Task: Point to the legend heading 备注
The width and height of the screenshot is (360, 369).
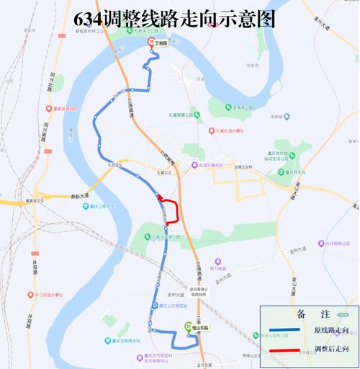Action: (309, 314)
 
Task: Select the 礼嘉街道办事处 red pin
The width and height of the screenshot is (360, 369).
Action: (213, 130)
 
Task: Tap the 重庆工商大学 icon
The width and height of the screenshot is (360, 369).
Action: (78, 205)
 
